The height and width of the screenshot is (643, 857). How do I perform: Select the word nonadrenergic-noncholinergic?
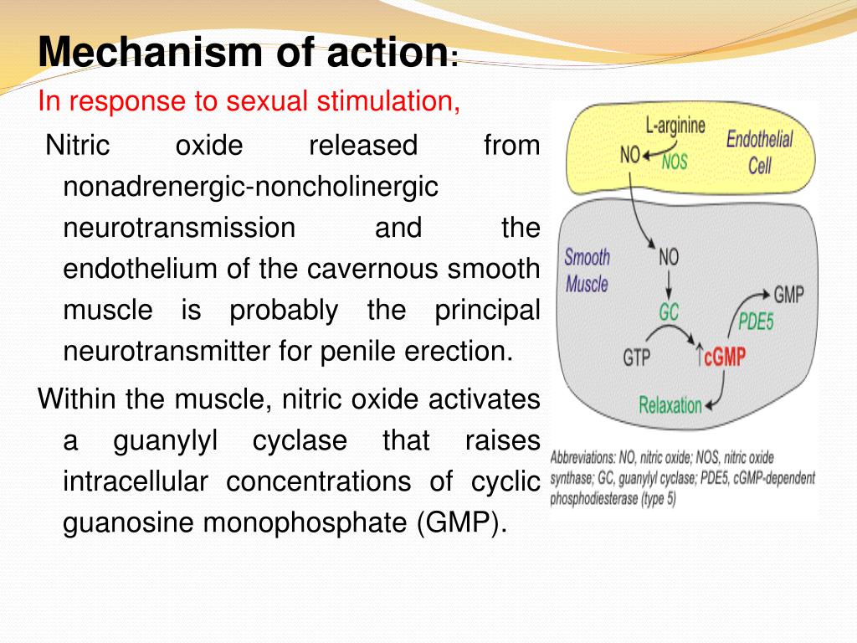click(250, 187)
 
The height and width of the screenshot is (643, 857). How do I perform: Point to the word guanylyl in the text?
click(166, 441)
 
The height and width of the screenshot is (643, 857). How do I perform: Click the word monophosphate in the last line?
click(305, 522)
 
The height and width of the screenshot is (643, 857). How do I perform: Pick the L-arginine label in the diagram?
click(675, 126)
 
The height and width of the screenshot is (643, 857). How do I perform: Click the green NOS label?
click(675, 162)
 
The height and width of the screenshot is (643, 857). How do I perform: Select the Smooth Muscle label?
click(587, 270)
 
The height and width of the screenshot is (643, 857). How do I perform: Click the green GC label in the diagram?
click(669, 312)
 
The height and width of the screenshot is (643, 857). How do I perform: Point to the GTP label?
click(637, 358)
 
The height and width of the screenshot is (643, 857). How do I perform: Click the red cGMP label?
click(725, 357)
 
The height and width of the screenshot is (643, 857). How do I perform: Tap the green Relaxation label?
click(670, 405)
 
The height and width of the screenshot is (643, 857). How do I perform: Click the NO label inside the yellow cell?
click(629, 155)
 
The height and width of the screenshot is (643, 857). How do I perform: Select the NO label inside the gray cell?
click(669, 256)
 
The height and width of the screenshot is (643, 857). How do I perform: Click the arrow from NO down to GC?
click(669, 285)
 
